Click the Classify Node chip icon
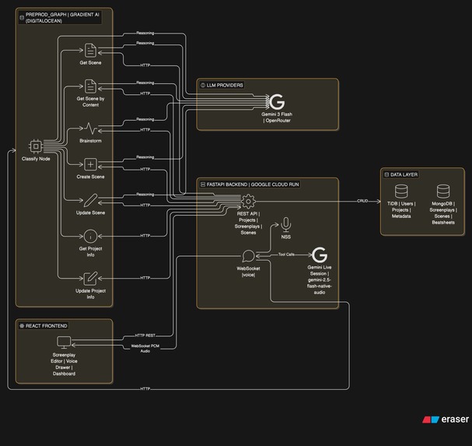(35, 146)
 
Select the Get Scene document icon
(90, 51)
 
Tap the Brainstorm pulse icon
(90, 127)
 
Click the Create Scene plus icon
(90, 164)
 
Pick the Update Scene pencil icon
(90, 200)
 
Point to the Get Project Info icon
(90, 236)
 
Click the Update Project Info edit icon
(90, 277)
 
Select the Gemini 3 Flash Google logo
(276, 101)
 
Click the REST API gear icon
(248, 201)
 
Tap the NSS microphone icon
(285, 223)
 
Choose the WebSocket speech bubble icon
(248, 255)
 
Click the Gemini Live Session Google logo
(319, 255)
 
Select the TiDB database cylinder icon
(401, 191)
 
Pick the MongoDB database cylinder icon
(443, 191)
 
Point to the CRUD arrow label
(362, 201)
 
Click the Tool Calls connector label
(286, 255)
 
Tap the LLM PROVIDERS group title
(225, 85)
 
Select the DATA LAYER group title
(403, 174)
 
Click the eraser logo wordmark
(455, 420)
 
